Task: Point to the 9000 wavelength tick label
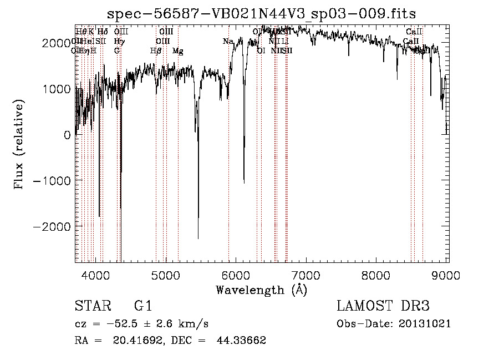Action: click(x=447, y=274)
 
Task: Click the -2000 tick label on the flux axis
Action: click(x=53, y=227)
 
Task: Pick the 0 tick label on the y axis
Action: click(x=67, y=135)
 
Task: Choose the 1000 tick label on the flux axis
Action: click(x=58, y=89)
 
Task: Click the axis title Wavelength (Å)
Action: click(x=261, y=290)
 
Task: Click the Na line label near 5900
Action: click(x=228, y=41)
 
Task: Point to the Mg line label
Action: click(x=177, y=50)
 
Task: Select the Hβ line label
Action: click(x=156, y=50)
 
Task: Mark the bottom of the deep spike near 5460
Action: click(x=198, y=238)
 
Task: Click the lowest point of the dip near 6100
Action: click(x=244, y=181)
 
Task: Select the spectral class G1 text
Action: click(x=143, y=306)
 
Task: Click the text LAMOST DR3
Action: click(x=383, y=306)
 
